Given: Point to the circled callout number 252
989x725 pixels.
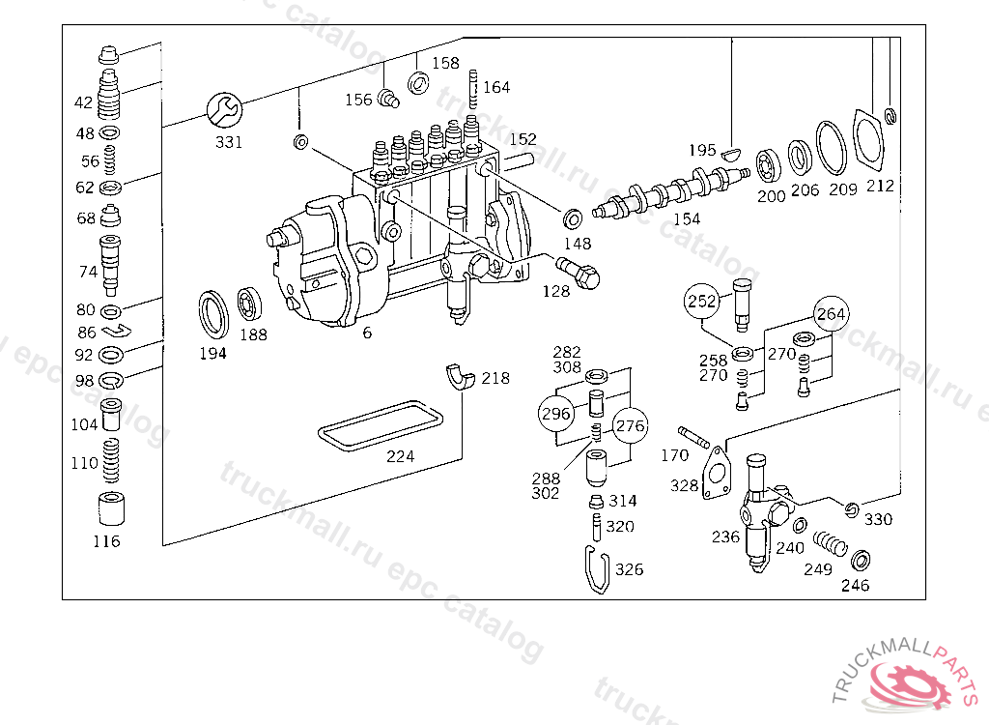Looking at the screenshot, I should coord(702,301).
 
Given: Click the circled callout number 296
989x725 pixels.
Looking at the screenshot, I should coord(555,414).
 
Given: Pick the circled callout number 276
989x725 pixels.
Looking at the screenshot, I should coord(630,425).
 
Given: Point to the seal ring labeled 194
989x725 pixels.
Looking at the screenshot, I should coord(214,313).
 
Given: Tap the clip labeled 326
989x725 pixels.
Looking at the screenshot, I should coord(598,569).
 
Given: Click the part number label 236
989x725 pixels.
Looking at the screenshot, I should coord(725,537).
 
